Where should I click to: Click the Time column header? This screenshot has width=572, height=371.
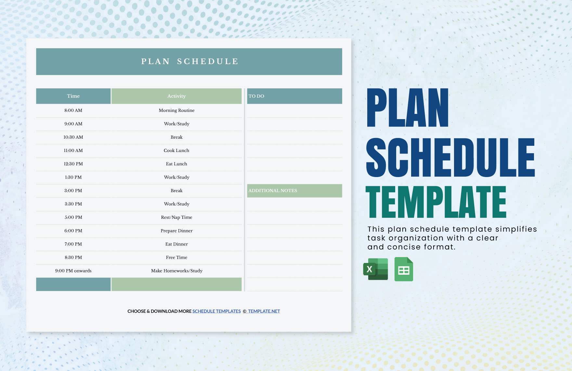[x=73, y=96]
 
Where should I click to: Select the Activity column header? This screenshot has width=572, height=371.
[x=176, y=96]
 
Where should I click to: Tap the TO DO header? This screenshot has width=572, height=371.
[x=294, y=96]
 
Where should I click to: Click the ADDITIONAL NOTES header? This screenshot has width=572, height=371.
[x=294, y=191]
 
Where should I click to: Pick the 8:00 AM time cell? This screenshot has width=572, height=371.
[x=73, y=110]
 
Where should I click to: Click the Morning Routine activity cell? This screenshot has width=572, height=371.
[x=176, y=110]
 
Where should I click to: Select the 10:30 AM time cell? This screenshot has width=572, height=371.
[x=73, y=137]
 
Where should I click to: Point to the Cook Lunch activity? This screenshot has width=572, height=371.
[x=176, y=150]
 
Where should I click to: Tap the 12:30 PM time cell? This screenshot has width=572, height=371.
[x=73, y=164]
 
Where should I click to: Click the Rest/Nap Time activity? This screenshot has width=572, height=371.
[x=176, y=217]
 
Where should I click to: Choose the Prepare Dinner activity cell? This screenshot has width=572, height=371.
[x=176, y=231]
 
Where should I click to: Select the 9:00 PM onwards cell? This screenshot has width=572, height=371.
[x=73, y=271]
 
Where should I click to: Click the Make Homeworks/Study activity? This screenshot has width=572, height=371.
[x=176, y=271]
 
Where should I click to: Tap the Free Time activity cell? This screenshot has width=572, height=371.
[x=176, y=257]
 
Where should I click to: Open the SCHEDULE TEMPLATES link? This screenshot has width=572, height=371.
[x=216, y=311]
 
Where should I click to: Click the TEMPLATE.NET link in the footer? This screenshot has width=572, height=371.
[x=264, y=311]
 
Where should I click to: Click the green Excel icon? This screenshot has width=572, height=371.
[x=376, y=269]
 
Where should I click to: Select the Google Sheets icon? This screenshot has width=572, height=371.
[x=404, y=269]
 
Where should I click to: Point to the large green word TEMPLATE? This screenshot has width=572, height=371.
[x=436, y=202]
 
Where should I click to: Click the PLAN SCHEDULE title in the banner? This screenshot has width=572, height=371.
[x=190, y=62]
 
